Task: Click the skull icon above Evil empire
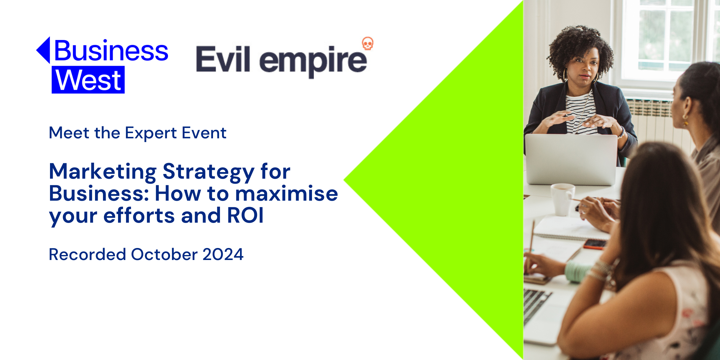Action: pos(368,43)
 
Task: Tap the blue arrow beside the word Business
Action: pos(43,50)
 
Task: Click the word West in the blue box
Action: pos(88,80)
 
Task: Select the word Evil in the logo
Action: pos(223,59)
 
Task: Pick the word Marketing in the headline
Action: pos(103,172)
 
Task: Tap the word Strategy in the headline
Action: pos(209,172)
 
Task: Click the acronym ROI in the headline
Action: pos(245,215)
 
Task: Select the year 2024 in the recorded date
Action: pos(223,255)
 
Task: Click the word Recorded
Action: pos(87,255)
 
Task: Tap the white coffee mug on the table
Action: pos(563,199)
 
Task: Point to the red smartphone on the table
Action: pos(595,244)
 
